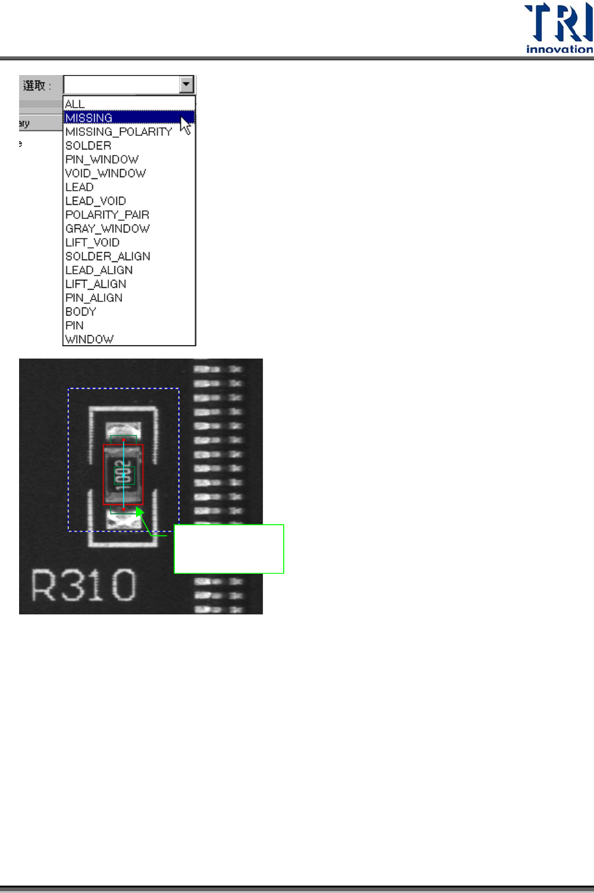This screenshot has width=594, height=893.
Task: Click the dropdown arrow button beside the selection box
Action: click(x=187, y=84)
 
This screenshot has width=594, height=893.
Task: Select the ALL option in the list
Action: click(x=75, y=104)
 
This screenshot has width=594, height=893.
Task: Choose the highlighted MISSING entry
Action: click(x=89, y=117)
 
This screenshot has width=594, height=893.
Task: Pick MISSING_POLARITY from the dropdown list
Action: click(x=119, y=132)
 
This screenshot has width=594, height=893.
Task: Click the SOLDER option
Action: click(x=89, y=146)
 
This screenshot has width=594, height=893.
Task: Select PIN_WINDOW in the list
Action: click(x=102, y=159)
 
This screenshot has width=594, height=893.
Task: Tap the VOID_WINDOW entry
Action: click(x=106, y=173)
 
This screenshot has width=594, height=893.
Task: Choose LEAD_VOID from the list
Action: click(x=96, y=201)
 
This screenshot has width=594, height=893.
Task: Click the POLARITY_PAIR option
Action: click(x=108, y=215)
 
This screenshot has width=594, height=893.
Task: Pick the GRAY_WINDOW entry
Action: click(x=108, y=229)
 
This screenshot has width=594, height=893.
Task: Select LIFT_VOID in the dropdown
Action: click(x=93, y=242)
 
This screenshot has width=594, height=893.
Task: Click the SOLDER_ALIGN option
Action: click(x=108, y=256)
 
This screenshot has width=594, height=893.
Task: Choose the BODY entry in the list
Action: click(x=81, y=312)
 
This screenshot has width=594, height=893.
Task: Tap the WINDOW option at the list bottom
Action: click(x=90, y=339)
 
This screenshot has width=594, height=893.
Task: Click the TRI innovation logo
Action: click(x=558, y=28)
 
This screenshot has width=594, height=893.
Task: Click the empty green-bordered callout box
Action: click(x=229, y=549)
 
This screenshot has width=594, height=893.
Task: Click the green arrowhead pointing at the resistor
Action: click(x=140, y=512)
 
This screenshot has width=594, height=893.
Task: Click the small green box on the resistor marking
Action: click(x=124, y=475)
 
